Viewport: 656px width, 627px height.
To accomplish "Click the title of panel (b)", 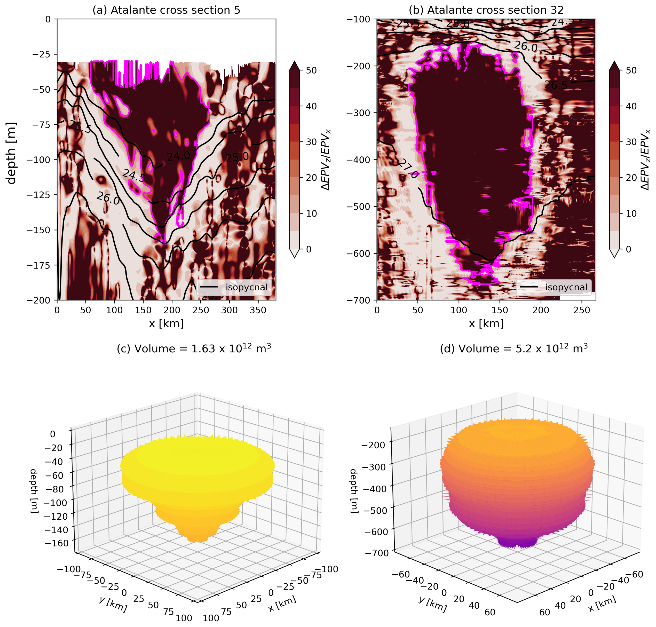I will click(x=486, y=10).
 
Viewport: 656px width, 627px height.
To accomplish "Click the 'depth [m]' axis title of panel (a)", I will click(x=11, y=153).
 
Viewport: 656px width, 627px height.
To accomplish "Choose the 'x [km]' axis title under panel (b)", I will click(x=486, y=323).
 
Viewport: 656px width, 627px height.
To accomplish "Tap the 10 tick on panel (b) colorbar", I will click(x=631, y=213).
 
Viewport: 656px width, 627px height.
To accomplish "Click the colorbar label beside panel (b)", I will click(x=645, y=160).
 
